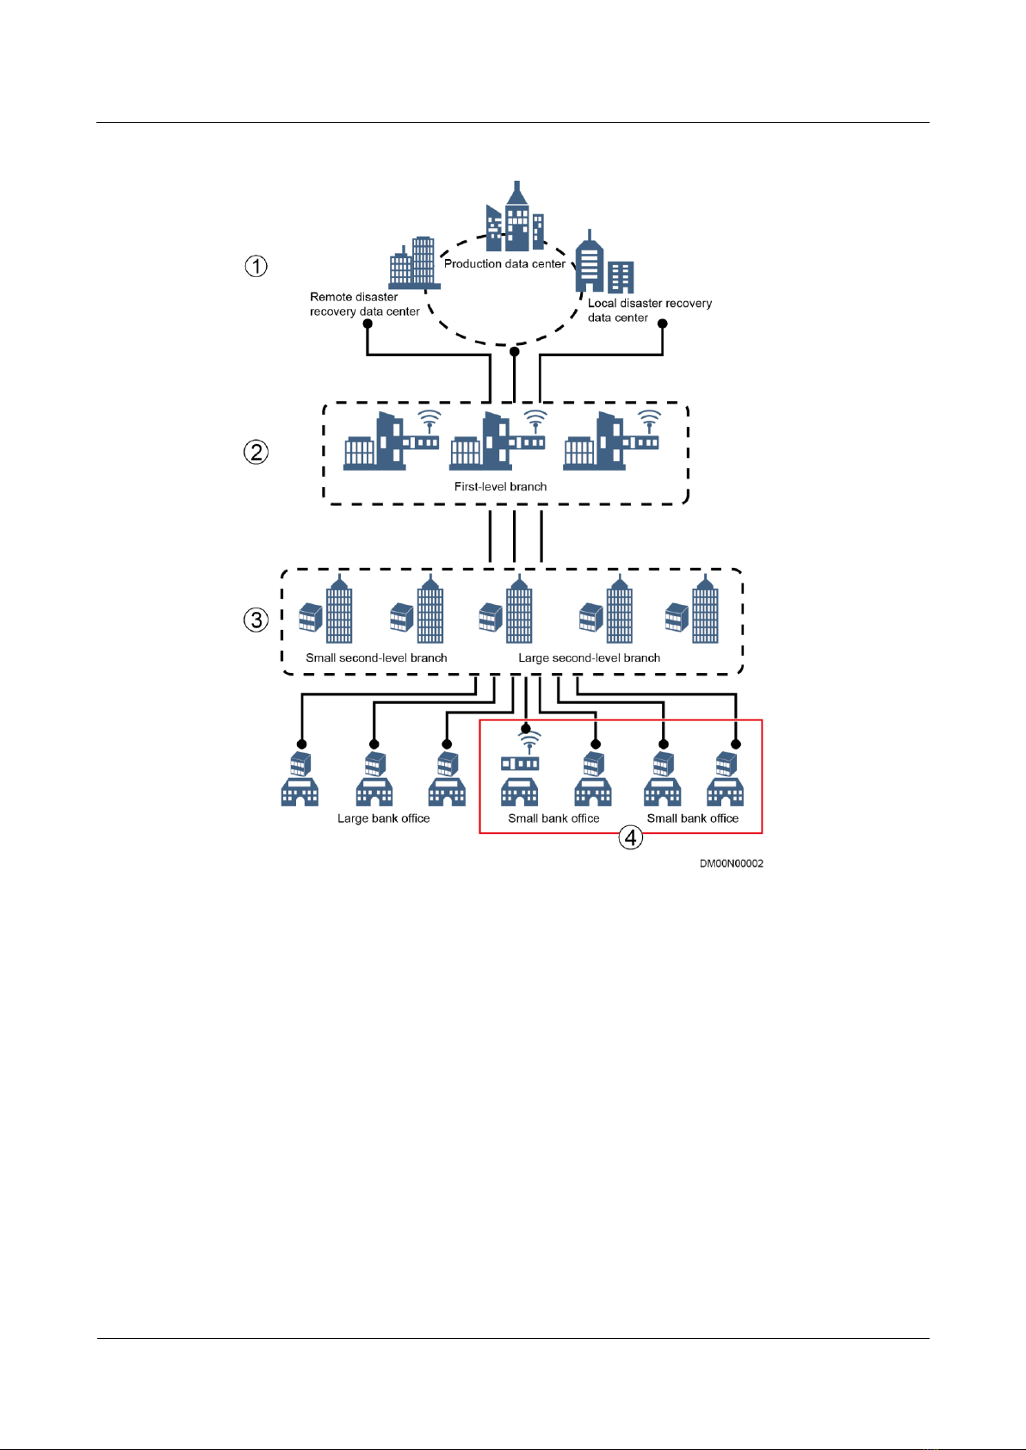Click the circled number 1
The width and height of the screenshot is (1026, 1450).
point(256,266)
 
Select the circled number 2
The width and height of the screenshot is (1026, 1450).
point(256,452)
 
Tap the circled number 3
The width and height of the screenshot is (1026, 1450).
point(256,620)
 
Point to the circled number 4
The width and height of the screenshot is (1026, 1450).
point(631,836)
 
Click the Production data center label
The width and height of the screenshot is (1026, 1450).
point(504,264)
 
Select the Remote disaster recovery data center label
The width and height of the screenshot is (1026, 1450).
point(364,304)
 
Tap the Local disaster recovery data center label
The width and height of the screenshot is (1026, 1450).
point(649,310)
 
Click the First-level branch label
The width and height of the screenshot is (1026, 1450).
point(500,487)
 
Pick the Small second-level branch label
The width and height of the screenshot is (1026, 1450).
point(376,658)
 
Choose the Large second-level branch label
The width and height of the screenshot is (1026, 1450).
point(589,658)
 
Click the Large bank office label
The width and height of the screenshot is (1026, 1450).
point(383,818)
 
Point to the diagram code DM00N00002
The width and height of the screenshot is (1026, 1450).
point(731,863)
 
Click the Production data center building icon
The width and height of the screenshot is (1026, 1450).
point(515,218)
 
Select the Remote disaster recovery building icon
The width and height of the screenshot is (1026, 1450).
point(413,262)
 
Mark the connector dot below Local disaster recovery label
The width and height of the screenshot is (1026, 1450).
point(663,324)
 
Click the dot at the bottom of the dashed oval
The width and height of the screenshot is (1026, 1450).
point(515,351)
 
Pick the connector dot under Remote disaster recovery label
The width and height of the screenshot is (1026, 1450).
point(368,324)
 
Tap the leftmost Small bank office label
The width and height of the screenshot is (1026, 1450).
point(553,818)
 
